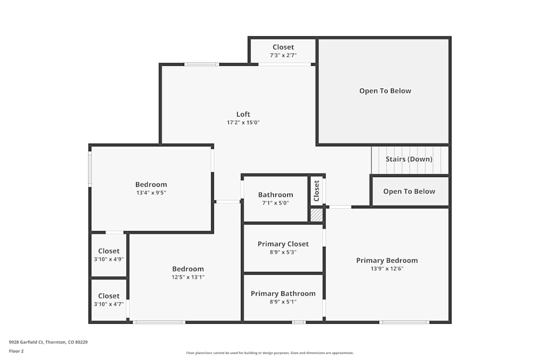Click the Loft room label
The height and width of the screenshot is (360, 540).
click(243, 114)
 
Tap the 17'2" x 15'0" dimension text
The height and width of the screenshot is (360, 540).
click(243, 123)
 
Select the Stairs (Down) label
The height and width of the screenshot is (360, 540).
click(409, 159)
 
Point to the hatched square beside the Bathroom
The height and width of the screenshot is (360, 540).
click(316, 215)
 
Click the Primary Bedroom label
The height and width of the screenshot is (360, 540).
click(387, 261)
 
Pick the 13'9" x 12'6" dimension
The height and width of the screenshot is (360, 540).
click(387, 269)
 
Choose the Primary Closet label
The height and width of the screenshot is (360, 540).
click(283, 244)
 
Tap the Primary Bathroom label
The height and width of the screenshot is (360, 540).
click(283, 294)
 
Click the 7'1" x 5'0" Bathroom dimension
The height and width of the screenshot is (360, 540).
click(275, 203)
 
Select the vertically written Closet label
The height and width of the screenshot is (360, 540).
click(316, 191)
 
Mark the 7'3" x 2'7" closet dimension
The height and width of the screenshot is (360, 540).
click(283, 56)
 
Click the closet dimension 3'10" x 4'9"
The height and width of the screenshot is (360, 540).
click(109, 260)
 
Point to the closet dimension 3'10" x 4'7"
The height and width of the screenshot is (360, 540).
click(109, 304)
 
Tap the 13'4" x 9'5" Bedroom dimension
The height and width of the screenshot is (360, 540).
click(151, 193)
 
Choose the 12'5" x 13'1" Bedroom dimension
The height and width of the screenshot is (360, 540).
click(188, 277)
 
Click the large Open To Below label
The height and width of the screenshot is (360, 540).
click(385, 91)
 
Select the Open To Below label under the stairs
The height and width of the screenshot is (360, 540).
click(409, 192)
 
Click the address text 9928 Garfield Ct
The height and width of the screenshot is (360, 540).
click(26, 342)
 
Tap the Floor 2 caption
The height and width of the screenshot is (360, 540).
click(16, 351)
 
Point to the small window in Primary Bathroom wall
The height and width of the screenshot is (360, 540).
click(299, 322)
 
